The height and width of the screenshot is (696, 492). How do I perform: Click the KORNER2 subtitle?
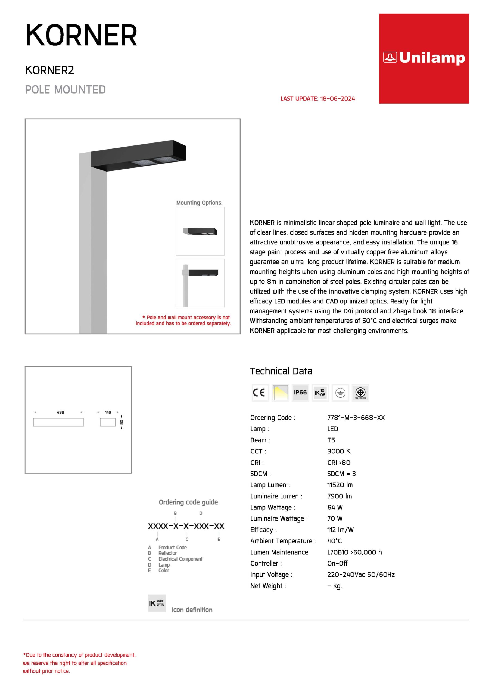coord(49,70)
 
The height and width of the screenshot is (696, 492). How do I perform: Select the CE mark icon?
coord(260,393)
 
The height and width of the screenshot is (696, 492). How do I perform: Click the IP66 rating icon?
coord(300,393)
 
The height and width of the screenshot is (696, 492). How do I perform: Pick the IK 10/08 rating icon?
coord(320,393)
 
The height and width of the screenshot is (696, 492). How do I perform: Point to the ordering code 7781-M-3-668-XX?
coord(356,417)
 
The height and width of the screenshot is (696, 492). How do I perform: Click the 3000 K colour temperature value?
coord(339,451)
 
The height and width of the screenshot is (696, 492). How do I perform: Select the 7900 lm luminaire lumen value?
coord(340,496)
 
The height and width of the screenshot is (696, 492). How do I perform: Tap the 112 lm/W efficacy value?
coord(340,530)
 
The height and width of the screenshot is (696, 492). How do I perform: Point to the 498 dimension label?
coord(60,412)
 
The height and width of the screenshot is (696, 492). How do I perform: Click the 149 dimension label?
coord(108,412)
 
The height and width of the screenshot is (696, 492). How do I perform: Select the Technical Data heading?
coord(281,371)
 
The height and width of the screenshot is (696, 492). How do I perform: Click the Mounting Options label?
coord(199,203)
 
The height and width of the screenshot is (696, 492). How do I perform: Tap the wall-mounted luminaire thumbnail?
coord(200,231)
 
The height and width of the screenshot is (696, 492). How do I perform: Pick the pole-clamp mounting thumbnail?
coord(200,283)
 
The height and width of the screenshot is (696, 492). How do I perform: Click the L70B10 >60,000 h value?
coord(354,552)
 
